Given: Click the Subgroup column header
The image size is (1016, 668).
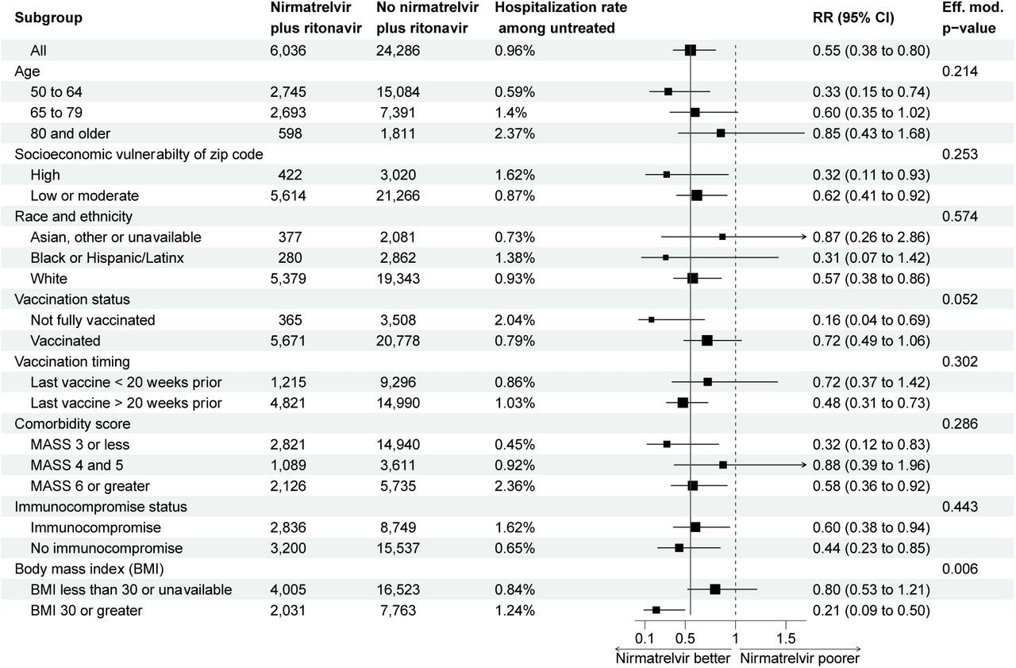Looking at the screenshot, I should pos(48,17).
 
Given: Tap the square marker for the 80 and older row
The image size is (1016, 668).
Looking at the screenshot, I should pos(721,133).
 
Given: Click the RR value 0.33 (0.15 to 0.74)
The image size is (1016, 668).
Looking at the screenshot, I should pos(871,91).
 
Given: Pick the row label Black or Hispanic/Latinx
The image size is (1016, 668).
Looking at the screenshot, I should pos(97,257).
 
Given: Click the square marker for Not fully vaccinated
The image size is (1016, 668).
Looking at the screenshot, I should pos(652,319).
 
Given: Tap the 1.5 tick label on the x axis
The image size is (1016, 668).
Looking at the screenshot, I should pos(785,639).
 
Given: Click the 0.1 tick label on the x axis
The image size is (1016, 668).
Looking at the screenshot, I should pos(644,639).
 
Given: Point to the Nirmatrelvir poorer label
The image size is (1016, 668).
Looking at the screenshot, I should pos(799,658).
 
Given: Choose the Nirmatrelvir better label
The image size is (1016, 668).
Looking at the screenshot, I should pos(672,658).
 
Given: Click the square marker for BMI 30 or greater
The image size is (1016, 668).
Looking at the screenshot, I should pos(656,610).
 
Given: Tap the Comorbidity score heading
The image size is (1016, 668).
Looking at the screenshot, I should pos(72,423).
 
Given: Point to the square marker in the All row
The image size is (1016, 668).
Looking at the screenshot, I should pos(691,50).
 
